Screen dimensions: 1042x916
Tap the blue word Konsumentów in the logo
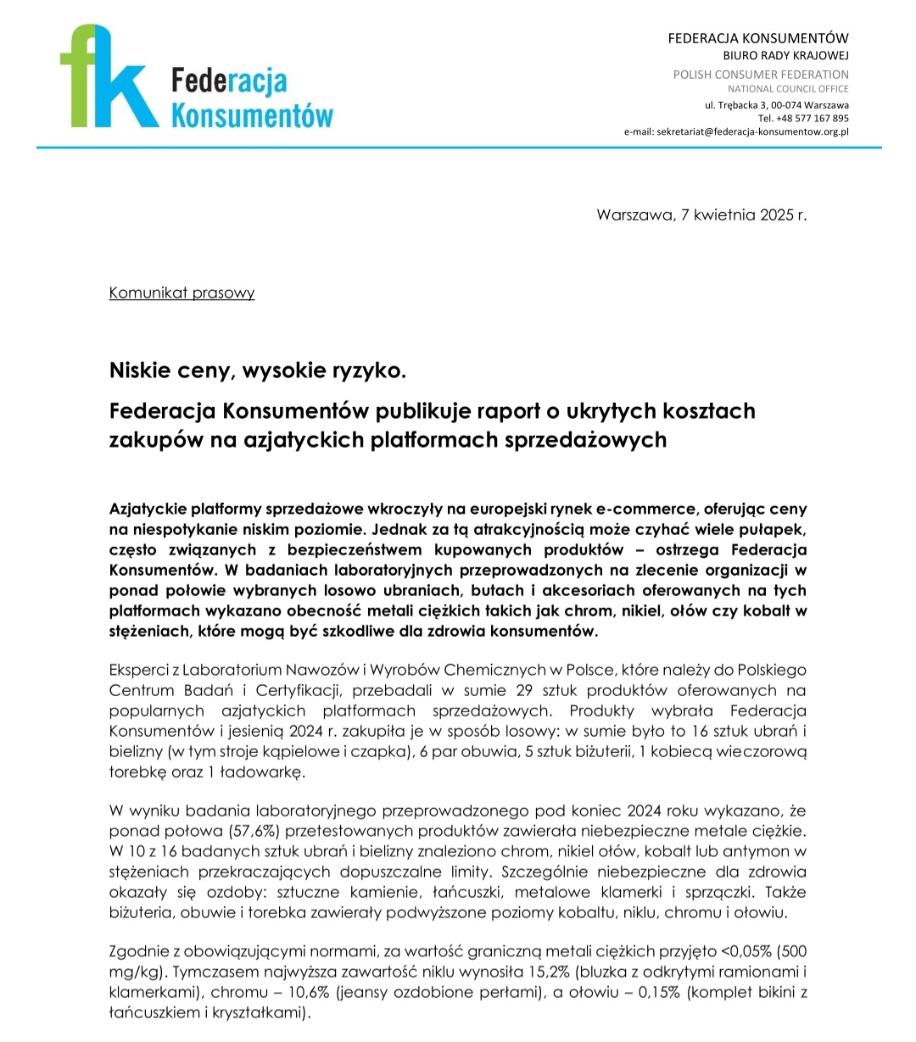point(252,114)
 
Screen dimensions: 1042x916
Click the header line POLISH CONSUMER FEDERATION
point(761,75)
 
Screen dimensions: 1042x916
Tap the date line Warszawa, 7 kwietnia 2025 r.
point(701,215)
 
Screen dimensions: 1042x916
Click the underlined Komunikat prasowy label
point(182,293)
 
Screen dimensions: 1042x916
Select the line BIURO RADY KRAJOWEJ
point(785,56)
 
